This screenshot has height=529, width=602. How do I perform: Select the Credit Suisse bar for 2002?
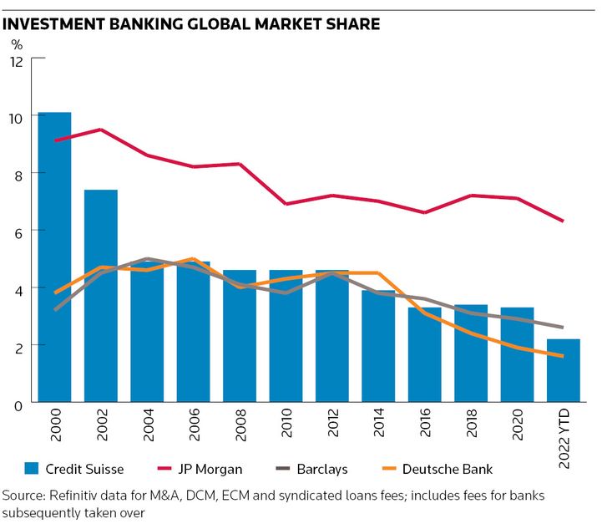click(101, 296)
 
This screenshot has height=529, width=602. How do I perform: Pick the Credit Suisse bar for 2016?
click(425, 354)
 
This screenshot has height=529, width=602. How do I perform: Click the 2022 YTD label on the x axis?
click(564, 434)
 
